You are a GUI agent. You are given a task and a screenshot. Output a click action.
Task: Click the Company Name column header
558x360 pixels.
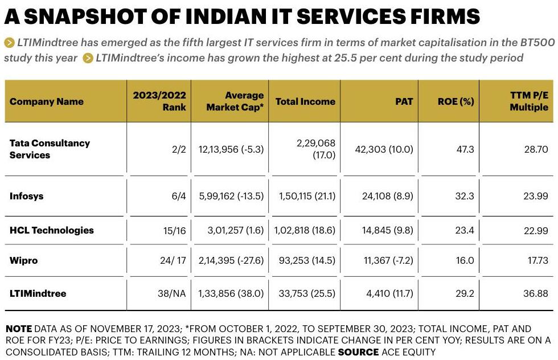[47, 102]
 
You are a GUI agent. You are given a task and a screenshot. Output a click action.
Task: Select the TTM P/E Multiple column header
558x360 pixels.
[528, 101]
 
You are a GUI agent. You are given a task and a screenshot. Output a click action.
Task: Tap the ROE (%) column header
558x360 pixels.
[456, 102]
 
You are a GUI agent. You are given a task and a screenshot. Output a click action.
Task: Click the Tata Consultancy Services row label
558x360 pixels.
[50, 149]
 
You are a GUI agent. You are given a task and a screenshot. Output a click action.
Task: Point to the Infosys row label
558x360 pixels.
[26, 196]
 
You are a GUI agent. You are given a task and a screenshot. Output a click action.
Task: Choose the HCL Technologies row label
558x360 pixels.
[52, 230]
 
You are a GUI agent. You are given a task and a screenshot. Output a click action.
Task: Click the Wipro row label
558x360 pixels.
[23, 260]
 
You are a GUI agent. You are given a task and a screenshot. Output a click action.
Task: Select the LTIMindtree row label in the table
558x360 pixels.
[38, 293]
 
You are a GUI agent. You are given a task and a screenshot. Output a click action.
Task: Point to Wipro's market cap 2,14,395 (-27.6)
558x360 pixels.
[231, 260]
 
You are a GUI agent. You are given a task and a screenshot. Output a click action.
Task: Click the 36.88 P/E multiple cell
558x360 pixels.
[536, 294]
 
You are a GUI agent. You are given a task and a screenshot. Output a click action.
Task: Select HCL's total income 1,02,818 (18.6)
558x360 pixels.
[305, 231]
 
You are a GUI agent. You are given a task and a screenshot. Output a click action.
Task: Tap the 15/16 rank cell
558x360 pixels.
[172, 231]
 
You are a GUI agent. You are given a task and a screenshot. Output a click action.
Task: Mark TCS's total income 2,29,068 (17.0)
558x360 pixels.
[315, 149]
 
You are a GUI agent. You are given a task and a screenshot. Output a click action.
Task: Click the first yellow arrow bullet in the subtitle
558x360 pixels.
[9, 42]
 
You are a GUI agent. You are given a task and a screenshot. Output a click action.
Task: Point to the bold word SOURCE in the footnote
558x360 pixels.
[358, 352]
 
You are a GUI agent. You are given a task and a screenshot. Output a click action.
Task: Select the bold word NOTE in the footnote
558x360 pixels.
[19, 329]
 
